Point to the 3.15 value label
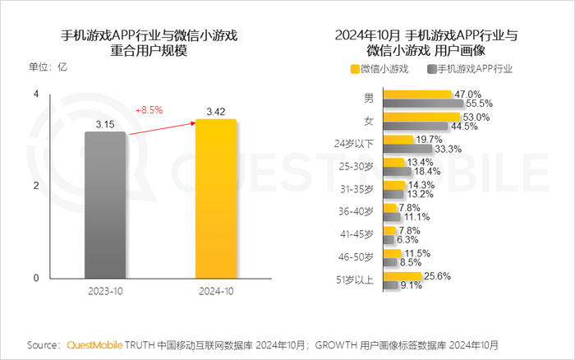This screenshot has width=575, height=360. tap(105, 124)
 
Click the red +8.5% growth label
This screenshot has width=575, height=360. tap(149, 108)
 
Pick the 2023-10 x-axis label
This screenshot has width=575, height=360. tap(105, 292)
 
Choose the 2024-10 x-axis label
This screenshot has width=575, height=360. tap(216, 292)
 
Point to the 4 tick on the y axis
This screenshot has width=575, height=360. tap(36, 95)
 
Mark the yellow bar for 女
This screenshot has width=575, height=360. tap(417, 118)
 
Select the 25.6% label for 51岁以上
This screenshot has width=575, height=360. tap(438, 276)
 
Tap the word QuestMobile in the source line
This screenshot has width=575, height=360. tap(94, 344)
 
